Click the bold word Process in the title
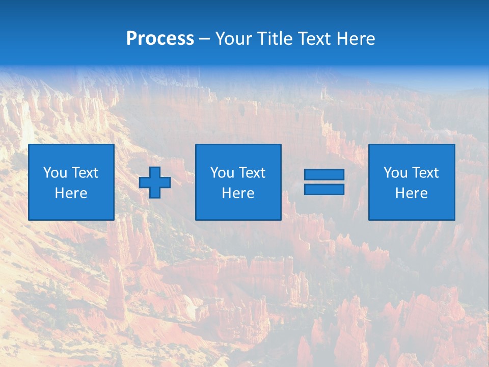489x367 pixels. (160, 39)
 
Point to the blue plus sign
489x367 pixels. (155, 182)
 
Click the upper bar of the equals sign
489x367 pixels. (324, 175)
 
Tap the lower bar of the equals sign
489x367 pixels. (324, 189)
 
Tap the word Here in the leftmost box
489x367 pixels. (71, 193)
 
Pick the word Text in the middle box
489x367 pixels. (252, 173)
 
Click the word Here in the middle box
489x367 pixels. (238, 193)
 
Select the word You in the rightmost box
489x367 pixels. (396, 173)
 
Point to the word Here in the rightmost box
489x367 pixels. (411, 193)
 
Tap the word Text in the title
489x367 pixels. (314, 39)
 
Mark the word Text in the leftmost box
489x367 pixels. (85, 173)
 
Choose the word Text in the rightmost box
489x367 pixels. (425, 173)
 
